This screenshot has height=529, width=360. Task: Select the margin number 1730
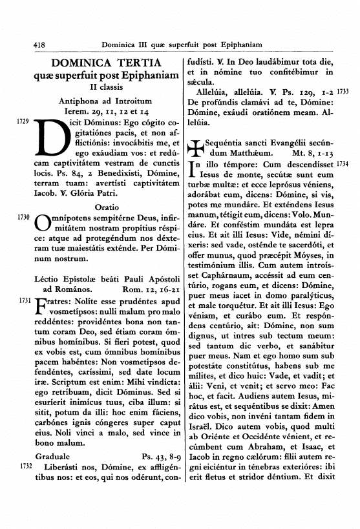[22, 218]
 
